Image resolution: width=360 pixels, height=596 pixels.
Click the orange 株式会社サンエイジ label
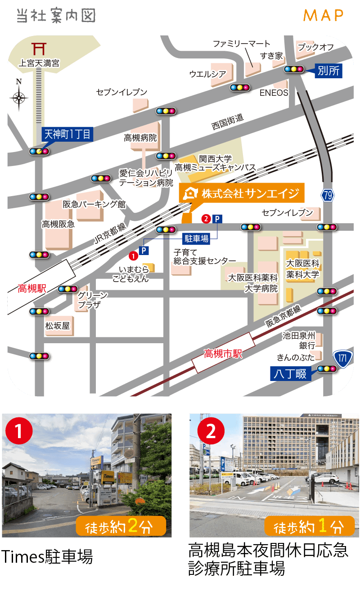click(242, 193)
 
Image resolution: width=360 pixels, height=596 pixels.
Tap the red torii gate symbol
click(39, 48)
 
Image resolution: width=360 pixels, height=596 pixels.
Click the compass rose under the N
click(19, 98)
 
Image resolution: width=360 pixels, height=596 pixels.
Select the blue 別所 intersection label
click(328, 71)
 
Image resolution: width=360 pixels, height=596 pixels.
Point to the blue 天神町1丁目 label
click(67, 134)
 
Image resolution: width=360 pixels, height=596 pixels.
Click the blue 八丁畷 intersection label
click(291, 373)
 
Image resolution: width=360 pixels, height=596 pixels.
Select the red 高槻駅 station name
click(32, 288)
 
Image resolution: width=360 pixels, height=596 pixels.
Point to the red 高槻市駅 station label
click(223, 354)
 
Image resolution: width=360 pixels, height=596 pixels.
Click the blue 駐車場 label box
click(197, 238)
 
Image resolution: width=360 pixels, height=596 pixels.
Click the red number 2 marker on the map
click(206, 219)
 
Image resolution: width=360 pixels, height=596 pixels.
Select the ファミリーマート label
click(242, 44)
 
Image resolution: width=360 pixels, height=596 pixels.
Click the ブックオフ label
click(315, 47)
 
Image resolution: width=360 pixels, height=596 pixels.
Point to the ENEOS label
click(274, 93)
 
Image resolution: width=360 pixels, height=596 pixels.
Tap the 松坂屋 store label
click(57, 326)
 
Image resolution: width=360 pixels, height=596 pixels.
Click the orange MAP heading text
click(323, 15)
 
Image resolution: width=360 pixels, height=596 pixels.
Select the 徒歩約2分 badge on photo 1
click(121, 526)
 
